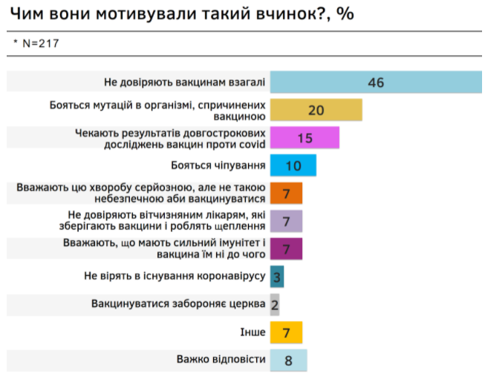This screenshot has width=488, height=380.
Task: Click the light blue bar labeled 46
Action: click(x=375, y=82)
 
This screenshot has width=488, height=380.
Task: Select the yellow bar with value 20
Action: click(x=316, y=110)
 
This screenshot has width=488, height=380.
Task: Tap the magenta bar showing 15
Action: click(x=305, y=138)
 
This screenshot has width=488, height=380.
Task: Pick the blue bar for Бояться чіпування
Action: click(x=293, y=165)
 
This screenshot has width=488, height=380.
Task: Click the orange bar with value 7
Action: click(x=286, y=193)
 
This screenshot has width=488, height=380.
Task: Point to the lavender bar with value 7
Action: click(x=286, y=221)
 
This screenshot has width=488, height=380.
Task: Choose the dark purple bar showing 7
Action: click(x=286, y=248)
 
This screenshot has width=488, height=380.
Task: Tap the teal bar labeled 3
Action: click(x=276, y=277)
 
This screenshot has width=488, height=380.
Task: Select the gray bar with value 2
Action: click(x=275, y=304)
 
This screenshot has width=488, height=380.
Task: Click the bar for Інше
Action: click(x=286, y=332)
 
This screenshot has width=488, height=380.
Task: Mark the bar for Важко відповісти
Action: click(x=288, y=360)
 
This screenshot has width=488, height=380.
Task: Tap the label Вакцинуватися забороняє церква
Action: click(x=175, y=304)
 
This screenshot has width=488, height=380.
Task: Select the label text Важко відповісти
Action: click(x=221, y=360)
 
